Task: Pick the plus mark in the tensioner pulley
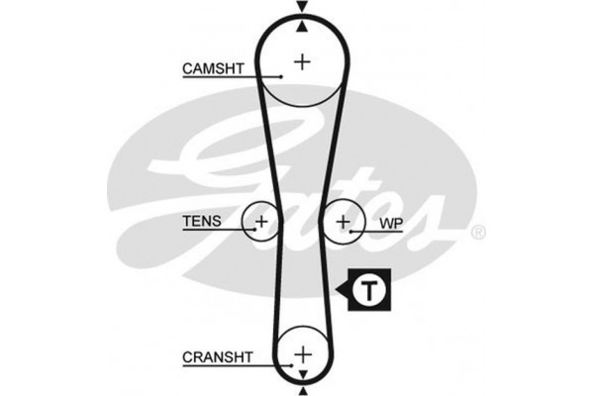pyautogui.click(x=261, y=222)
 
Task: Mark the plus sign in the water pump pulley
pyautogui.click(x=344, y=222)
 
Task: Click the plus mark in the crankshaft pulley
pyautogui.click(x=302, y=353)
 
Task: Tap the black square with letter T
pyautogui.click(x=369, y=291)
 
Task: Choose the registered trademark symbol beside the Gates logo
pyautogui.click(x=478, y=233)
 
